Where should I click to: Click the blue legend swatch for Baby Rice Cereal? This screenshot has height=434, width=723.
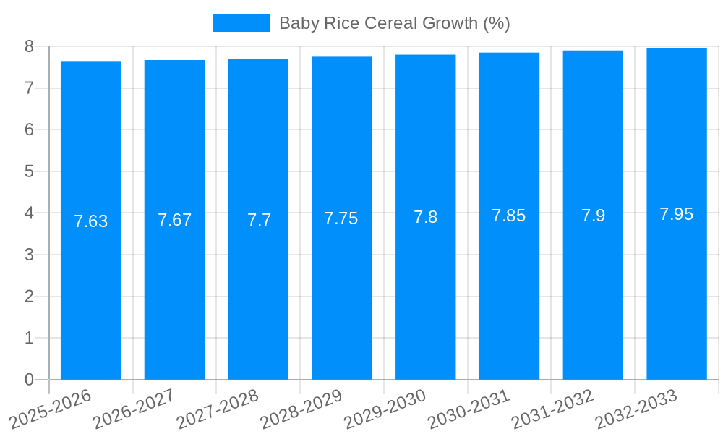[x=241, y=23]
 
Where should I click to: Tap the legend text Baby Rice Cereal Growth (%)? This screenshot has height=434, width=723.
[x=394, y=23]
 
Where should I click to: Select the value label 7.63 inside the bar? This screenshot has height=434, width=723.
[x=91, y=221]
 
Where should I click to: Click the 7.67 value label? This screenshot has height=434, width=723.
[x=174, y=220]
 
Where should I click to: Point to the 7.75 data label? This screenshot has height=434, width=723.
[x=341, y=218]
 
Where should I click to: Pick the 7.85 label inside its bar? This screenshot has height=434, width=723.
[x=509, y=216]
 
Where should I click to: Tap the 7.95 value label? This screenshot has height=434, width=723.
[x=676, y=214]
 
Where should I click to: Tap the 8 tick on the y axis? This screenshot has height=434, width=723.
[x=29, y=46]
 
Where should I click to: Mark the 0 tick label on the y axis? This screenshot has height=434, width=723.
[x=29, y=380]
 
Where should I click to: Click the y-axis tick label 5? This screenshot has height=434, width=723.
[x=29, y=171]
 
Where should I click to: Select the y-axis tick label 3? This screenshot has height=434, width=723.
[x=29, y=255]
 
